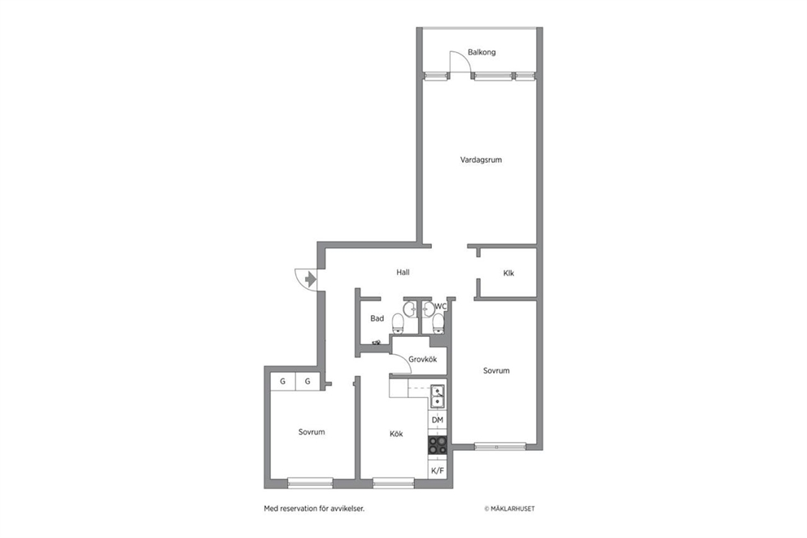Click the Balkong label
click(x=482, y=52)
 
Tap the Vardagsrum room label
click(x=481, y=160)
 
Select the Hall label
click(x=403, y=273)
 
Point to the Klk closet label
click(x=508, y=273)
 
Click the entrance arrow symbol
click(x=310, y=279)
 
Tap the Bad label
click(x=377, y=319)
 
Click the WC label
click(x=441, y=307)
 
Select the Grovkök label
click(x=422, y=360)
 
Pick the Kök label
click(x=396, y=434)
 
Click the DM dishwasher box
click(x=438, y=420)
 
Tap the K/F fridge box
click(x=438, y=470)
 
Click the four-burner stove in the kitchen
click(x=438, y=445)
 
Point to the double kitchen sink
click(x=438, y=396)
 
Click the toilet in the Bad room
click(x=398, y=323)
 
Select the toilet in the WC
click(x=438, y=323)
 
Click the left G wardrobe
click(x=282, y=382)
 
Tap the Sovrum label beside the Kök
click(x=312, y=432)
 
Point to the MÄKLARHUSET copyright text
click(x=509, y=509)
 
